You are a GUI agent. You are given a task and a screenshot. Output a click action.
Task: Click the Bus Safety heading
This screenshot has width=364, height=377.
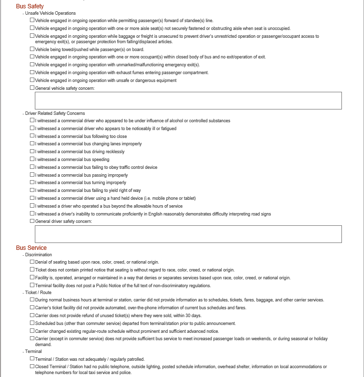(x=29, y=6)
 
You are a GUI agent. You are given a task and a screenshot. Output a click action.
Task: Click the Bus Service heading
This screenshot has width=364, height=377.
(x=31, y=248)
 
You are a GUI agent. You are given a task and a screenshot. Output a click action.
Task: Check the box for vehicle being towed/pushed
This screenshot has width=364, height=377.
(x=32, y=49)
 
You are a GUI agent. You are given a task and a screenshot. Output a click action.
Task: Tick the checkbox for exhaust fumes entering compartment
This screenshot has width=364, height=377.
(x=32, y=72)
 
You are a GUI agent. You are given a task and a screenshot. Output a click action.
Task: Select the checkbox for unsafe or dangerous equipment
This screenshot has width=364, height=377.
(x=32, y=80)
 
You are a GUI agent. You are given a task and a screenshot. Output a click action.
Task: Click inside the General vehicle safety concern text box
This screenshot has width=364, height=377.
(x=188, y=101)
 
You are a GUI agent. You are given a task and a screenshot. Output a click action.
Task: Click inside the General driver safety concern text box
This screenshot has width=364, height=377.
(x=188, y=234)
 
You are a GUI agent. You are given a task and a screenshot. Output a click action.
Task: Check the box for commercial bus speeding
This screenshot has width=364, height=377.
(x=32, y=159)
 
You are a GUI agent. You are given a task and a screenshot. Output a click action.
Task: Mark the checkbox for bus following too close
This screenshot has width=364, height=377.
(x=32, y=136)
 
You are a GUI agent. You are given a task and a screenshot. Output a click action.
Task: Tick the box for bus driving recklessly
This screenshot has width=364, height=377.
(x=32, y=151)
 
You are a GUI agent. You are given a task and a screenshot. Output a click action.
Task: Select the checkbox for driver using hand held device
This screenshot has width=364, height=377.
(x=32, y=198)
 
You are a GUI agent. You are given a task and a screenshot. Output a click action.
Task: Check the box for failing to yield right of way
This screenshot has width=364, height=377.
(x=32, y=190)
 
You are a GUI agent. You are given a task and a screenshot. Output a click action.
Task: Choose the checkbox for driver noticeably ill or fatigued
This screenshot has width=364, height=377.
(x=32, y=128)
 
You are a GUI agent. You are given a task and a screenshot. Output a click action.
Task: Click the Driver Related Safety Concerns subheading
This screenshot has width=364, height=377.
(x=55, y=113)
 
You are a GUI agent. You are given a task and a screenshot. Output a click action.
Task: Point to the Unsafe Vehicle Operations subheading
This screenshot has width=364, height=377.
(x=51, y=13)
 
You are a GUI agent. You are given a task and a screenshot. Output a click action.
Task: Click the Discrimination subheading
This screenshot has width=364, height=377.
(x=38, y=255)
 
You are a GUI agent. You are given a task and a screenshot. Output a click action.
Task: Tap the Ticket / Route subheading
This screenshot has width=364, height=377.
(x=38, y=293)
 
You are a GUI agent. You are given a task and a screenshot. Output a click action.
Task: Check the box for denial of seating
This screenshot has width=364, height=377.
(x=32, y=262)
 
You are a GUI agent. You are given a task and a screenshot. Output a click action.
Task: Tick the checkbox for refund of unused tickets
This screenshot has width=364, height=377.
(x=32, y=315)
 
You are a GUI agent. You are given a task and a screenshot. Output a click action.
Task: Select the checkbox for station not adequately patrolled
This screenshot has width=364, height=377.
(x=32, y=359)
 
